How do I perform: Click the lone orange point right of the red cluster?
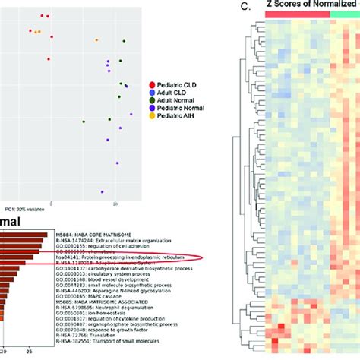pyautogui.click(x=96, y=39)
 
